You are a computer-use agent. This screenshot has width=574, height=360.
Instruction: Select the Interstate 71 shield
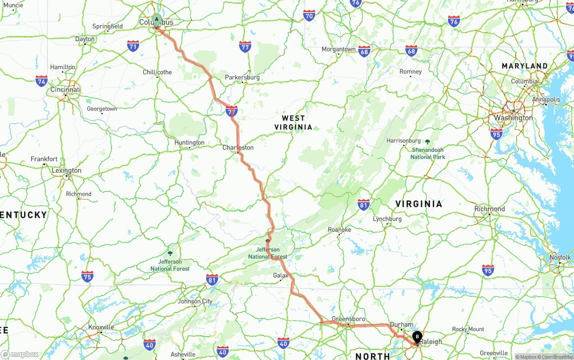(133, 46)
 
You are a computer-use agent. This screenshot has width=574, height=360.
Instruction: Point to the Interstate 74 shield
(42, 81)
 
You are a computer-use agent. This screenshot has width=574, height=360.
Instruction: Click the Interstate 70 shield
(309, 16)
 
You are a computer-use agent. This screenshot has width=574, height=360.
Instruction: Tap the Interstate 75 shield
(87, 277)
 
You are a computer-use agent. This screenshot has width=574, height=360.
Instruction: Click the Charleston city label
(238, 147)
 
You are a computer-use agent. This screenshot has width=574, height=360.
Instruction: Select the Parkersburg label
(242, 78)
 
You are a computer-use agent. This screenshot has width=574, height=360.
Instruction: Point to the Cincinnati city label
(65, 90)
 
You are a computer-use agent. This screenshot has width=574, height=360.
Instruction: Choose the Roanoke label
(339, 230)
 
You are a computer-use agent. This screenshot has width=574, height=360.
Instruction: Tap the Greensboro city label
(348, 319)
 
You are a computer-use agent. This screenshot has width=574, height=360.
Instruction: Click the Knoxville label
(101, 327)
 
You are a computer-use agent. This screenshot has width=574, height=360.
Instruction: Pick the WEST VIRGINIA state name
(293, 122)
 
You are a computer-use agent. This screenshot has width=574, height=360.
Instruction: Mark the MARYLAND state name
(525, 66)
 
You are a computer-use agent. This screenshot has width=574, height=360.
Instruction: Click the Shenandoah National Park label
(428, 153)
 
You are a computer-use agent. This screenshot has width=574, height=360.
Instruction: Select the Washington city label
(513, 118)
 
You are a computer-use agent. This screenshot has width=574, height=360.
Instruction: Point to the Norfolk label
(560, 257)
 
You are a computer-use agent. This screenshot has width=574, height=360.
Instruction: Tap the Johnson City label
(195, 301)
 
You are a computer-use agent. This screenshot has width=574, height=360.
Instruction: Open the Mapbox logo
(20, 355)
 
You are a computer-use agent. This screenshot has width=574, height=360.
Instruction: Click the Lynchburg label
(387, 219)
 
